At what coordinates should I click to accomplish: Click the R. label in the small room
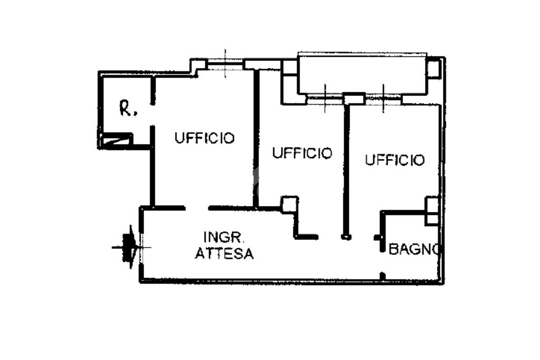(128, 109)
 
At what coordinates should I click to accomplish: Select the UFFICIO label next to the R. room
(205, 138)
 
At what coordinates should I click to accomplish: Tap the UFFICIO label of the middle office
(302, 153)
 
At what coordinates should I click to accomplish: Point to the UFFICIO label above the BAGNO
(394, 160)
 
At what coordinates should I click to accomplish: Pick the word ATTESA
(224, 254)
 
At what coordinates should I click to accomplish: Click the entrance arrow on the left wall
(128, 247)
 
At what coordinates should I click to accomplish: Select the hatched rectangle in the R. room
(117, 140)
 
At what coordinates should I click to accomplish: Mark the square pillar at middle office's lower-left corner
(288, 204)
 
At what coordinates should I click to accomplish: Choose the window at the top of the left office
(225, 65)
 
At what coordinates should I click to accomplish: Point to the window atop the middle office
(325, 99)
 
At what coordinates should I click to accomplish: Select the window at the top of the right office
(383, 99)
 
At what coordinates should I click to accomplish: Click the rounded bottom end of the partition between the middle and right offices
(346, 237)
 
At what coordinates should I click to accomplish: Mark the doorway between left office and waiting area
(197, 208)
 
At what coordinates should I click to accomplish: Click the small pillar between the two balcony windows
(354, 99)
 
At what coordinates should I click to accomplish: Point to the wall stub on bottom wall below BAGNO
(383, 276)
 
